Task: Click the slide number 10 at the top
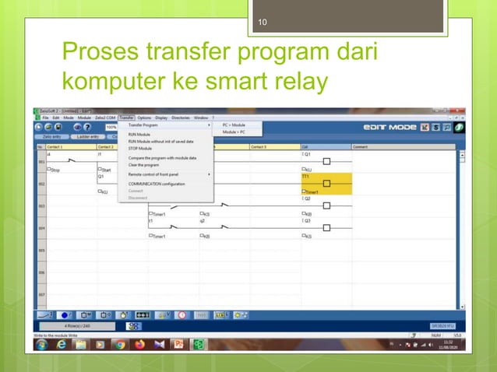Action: click(263, 22)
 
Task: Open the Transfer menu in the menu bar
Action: click(127, 118)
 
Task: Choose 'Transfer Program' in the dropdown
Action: click(143, 125)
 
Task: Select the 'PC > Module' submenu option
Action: click(234, 125)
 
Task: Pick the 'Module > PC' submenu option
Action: click(234, 132)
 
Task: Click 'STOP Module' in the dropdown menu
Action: click(140, 148)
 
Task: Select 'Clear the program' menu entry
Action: click(144, 165)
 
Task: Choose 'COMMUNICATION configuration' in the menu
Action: click(156, 184)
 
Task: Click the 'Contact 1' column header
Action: click(55, 146)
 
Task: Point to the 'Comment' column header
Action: click(361, 146)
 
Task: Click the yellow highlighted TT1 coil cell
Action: click(326, 184)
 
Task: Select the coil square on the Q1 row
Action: click(326, 161)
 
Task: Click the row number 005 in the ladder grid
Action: click(41, 251)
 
